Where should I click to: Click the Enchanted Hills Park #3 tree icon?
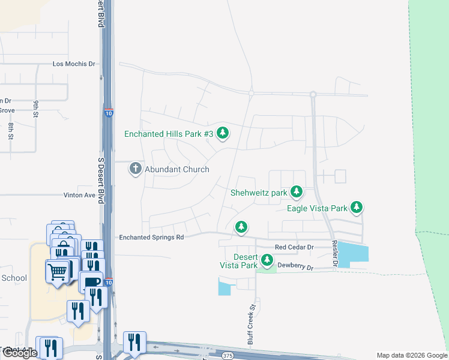223,133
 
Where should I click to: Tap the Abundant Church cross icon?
136,169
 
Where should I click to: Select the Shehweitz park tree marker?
296,192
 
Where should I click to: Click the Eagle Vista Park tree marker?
357,208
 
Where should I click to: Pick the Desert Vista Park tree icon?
267,261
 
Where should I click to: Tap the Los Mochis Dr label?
74,63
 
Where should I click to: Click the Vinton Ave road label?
79,195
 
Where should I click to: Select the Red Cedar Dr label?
294,247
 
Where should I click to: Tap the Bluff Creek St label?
253,325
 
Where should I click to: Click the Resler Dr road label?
335,254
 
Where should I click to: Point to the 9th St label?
35,109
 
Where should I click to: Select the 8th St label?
11,130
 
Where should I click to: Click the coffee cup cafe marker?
92,281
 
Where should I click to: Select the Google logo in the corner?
19,353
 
